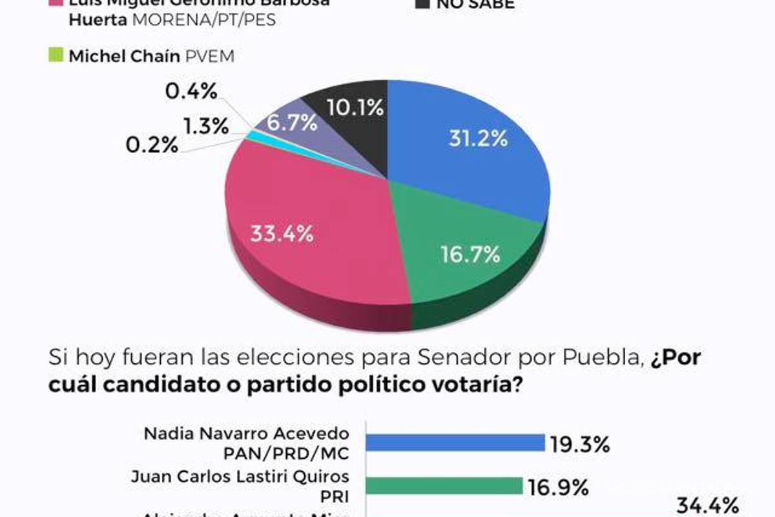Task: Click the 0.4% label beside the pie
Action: point(191,92)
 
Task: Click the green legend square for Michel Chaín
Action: point(56,56)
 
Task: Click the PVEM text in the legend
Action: point(210,56)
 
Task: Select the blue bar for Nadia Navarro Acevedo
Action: point(455,443)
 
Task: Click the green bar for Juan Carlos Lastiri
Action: point(444,485)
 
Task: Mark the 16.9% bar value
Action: point(557,486)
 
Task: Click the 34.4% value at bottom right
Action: point(707,505)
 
